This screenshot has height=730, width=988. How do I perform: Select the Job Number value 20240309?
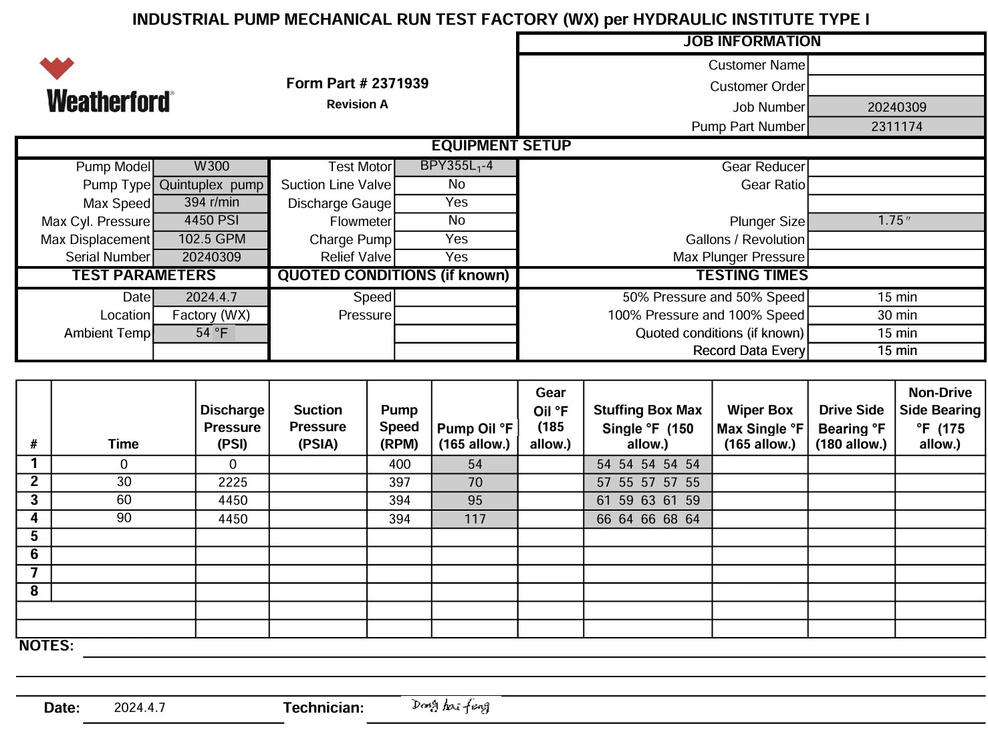coord(896,107)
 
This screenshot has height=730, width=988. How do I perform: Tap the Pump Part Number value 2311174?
coord(896,126)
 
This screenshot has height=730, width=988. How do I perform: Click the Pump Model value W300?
coord(211,166)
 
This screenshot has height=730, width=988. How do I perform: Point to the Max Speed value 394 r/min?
coord(211,203)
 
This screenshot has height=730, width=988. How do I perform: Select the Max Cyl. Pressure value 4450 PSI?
coord(211,221)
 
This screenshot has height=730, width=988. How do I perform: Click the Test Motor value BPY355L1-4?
coord(456,166)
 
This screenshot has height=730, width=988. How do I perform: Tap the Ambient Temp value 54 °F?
coord(211,333)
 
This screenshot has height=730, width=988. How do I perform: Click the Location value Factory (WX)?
coord(211,315)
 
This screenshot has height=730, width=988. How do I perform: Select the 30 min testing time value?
coord(896,315)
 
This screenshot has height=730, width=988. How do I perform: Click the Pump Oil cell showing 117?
coord(475,519)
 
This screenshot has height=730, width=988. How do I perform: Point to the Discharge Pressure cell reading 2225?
coord(233,482)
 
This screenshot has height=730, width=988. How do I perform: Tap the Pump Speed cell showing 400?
coord(399,464)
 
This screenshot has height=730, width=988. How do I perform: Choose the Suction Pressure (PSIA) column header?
coord(318,427)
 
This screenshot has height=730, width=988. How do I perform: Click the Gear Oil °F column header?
coord(550,418)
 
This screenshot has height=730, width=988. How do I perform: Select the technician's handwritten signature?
coord(451,705)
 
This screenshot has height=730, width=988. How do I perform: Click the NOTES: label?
coord(46,646)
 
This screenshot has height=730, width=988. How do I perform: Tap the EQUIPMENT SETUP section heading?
coord(501,146)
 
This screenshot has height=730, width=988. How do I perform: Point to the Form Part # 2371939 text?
coord(357,84)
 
